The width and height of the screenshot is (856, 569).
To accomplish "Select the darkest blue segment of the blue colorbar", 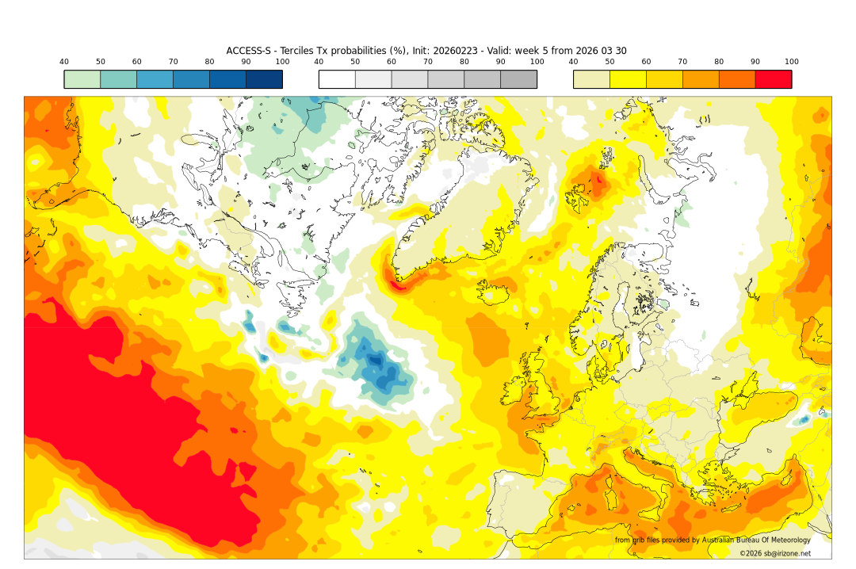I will click(264, 79).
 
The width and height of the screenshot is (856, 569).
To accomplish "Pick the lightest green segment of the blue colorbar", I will click(82, 79).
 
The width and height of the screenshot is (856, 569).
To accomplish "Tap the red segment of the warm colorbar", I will click(773, 79).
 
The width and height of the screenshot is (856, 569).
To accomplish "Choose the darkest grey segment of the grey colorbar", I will click(518, 79).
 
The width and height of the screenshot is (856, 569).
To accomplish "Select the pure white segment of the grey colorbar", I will click(337, 79).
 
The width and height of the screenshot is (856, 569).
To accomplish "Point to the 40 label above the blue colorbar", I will click(64, 62).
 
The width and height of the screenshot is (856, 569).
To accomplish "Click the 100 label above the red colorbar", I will click(791, 62).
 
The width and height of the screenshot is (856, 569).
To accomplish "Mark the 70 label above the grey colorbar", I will click(427, 62).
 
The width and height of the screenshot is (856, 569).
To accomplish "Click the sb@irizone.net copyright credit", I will click(774, 553).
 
